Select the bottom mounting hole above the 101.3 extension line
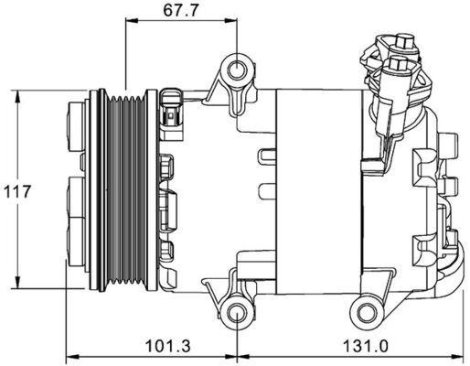pos(237,314)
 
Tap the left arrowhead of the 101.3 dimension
pos(72,358)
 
